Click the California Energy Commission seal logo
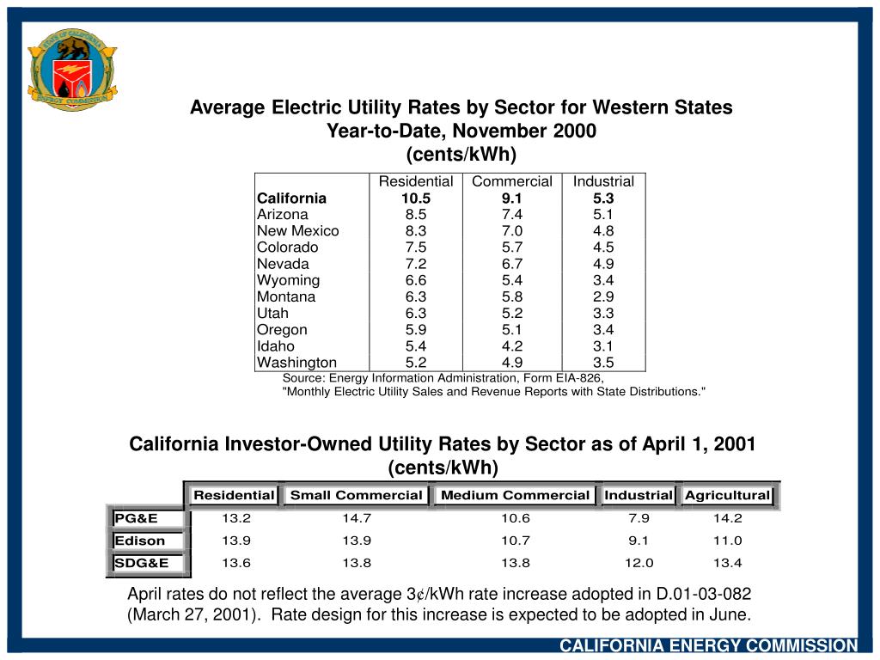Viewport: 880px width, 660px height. (72, 69)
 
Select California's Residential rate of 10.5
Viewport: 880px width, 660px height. (416, 199)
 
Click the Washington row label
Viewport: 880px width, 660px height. (296, 363)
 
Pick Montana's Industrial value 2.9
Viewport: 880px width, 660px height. (603, 296)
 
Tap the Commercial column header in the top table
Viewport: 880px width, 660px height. (512, 181)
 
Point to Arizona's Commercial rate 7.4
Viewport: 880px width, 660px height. (512, 215)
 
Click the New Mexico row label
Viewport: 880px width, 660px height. (297, 231)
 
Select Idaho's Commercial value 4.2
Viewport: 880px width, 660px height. (512, 346)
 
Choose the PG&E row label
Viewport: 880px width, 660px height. (137, 518)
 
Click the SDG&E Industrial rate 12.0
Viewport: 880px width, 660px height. (639, 563)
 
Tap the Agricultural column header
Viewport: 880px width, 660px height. (727, 495)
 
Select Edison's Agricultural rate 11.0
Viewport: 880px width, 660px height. (727, 541)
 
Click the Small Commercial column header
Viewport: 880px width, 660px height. (356, 495)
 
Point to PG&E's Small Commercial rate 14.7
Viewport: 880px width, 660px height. (356, 518)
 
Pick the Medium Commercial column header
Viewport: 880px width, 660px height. (515, 495)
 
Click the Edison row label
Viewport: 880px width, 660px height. (140, 541)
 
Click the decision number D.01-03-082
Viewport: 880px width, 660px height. (702, 595)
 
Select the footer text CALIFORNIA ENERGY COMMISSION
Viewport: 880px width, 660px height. (709, 646)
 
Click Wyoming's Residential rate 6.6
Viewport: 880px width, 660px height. (416, 280)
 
